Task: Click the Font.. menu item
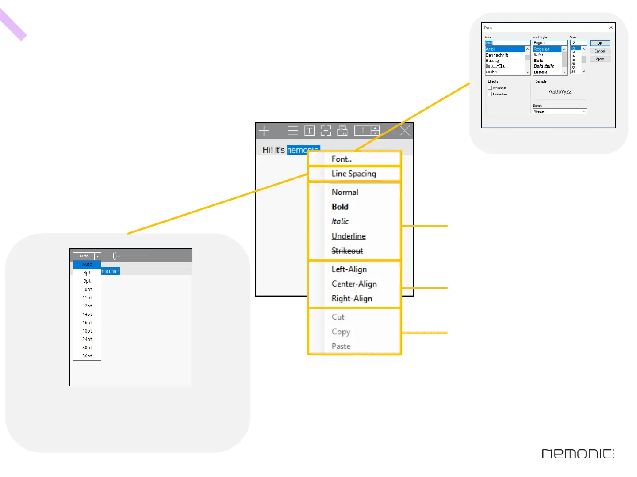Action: [x=342, y=159]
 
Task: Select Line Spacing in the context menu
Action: [x=353, y=174]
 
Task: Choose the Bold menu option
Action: [x=340, y=207]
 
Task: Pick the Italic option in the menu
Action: [x=340, y=221]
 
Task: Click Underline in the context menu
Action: [x=349, y=236]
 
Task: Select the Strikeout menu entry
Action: [x=347, y=250]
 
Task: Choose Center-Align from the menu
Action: [x=354, y=284]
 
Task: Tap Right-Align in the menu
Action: [x=352, y=299]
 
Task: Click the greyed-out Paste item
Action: [x=341, y=346]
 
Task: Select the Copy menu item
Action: [x=341, y=332]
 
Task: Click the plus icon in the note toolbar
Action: [x=264, y=131]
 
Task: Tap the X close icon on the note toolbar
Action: [x=404, y=131]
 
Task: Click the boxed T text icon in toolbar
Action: [x=309, y=131]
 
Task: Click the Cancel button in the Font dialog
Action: [x=599, y=51]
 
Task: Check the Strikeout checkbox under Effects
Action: [x=490, y=88]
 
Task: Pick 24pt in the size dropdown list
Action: [x=87, y=339]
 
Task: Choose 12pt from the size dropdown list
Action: [x=87, y=306]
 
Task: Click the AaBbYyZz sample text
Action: [x=560, y=92]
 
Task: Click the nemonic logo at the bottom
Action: [x=578, y=454]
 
